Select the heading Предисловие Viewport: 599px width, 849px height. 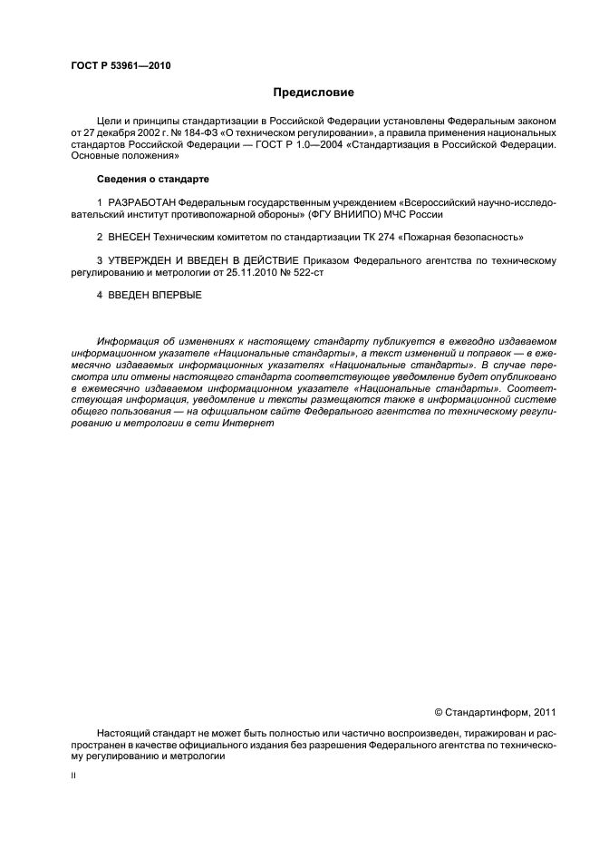(314, 93)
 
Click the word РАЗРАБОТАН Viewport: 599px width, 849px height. (141, 201)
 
